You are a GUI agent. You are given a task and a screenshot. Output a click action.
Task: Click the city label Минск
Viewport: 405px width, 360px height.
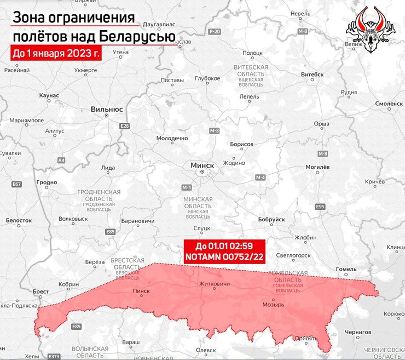(x=202, y=164)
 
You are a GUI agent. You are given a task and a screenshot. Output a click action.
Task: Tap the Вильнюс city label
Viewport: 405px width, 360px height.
(x=106, y=109)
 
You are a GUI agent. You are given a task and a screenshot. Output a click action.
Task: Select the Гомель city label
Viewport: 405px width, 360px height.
(x=346, y=269)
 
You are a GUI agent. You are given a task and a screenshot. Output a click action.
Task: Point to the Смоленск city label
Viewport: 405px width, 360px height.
(x=388, y=104)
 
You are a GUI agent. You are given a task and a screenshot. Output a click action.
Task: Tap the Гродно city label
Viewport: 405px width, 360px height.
(x=46, y=182)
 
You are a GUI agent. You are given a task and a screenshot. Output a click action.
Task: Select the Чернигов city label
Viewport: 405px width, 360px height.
(x=358, y=332)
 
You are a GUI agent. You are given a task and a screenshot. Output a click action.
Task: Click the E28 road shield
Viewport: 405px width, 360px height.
(x=125, y=127)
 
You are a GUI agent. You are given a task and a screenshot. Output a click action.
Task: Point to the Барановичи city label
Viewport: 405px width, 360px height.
(x=137, y=221)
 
